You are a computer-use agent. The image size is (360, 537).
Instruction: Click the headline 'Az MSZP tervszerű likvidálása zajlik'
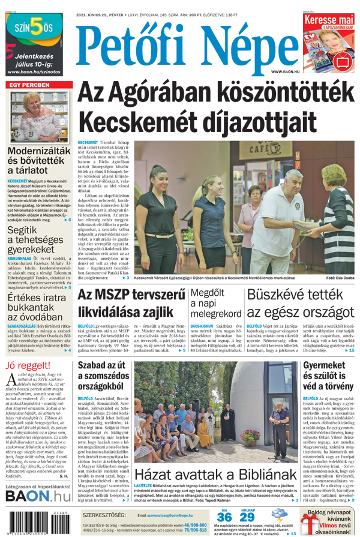(x=130, y=303)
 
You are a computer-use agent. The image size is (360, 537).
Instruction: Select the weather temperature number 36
(x=224, y=517)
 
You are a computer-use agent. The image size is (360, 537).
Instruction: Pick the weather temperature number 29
(x=247, y=517)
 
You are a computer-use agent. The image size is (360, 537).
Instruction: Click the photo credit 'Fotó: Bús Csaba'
(x=340, y=278)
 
